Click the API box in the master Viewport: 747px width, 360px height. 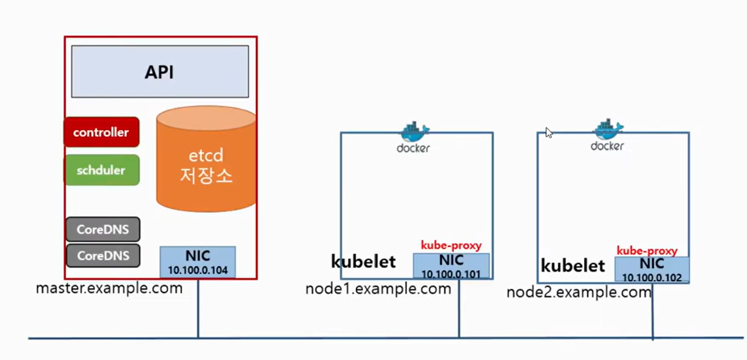[160, 71]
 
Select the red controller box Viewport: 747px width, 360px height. [101, 132]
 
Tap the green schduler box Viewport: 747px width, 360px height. [101, 170]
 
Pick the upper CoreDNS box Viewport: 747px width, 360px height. [103, 229]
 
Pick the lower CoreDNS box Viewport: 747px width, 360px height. [103, 255]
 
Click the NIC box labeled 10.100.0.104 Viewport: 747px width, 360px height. [197, 262]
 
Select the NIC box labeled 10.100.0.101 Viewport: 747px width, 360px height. [451, 266]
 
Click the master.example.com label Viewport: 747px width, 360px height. [109, 288]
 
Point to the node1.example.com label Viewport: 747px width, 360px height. [378, 289]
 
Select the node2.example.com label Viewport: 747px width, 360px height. [579, 292]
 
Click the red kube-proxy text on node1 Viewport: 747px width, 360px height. [451, 246]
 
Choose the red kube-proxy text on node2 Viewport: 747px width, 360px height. [647, 251]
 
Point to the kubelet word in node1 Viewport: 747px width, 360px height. [363, 262]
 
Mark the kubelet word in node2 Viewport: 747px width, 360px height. [573, 266]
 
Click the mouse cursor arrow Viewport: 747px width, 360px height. [548, 133]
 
